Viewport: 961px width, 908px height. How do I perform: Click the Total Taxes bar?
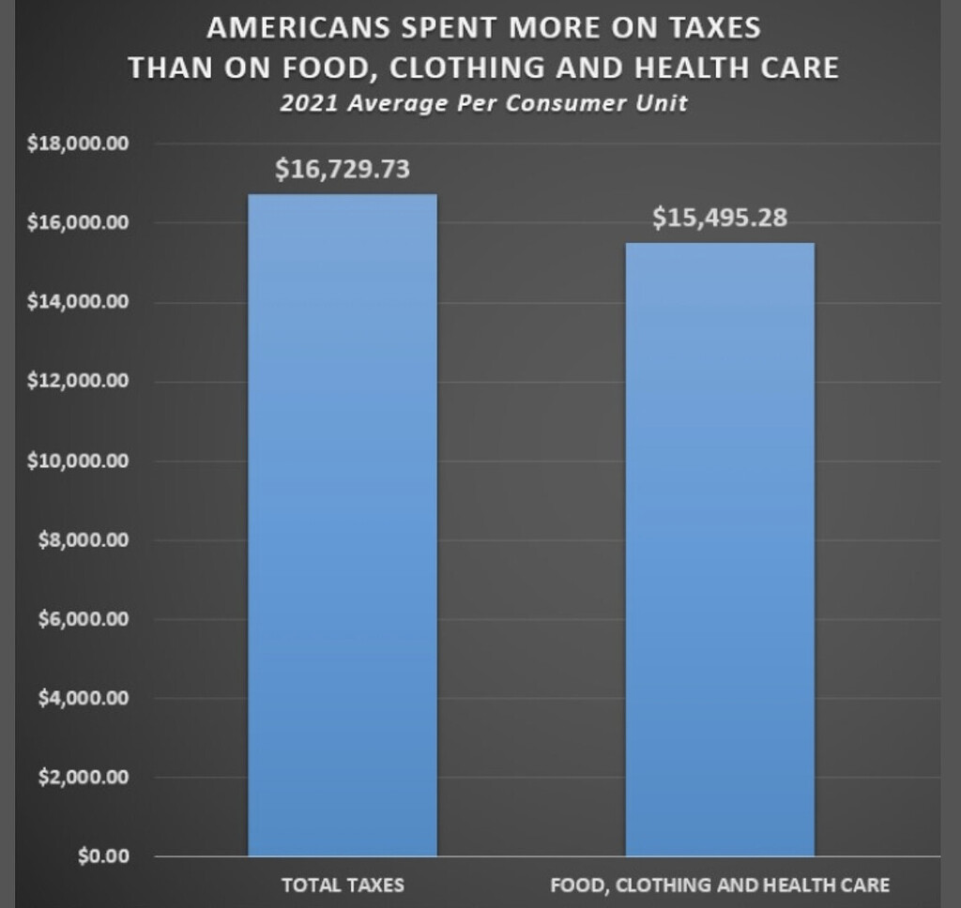click(x=343, y=525)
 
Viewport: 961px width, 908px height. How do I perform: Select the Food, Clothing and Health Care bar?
click(x=720, y=549)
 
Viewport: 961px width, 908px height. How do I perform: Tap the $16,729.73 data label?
click(x=343, y=170)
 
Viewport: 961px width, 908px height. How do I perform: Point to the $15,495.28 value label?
click(x=720, y=219)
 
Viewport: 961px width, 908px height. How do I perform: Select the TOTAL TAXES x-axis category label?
click(x=343, y=885)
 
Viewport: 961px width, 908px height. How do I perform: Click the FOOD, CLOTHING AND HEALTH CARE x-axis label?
click(x=720, y=885)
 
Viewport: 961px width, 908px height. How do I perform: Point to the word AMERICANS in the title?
click(x=292, y=28)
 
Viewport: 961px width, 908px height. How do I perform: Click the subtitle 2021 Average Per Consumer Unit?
click(x=483, y=103)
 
